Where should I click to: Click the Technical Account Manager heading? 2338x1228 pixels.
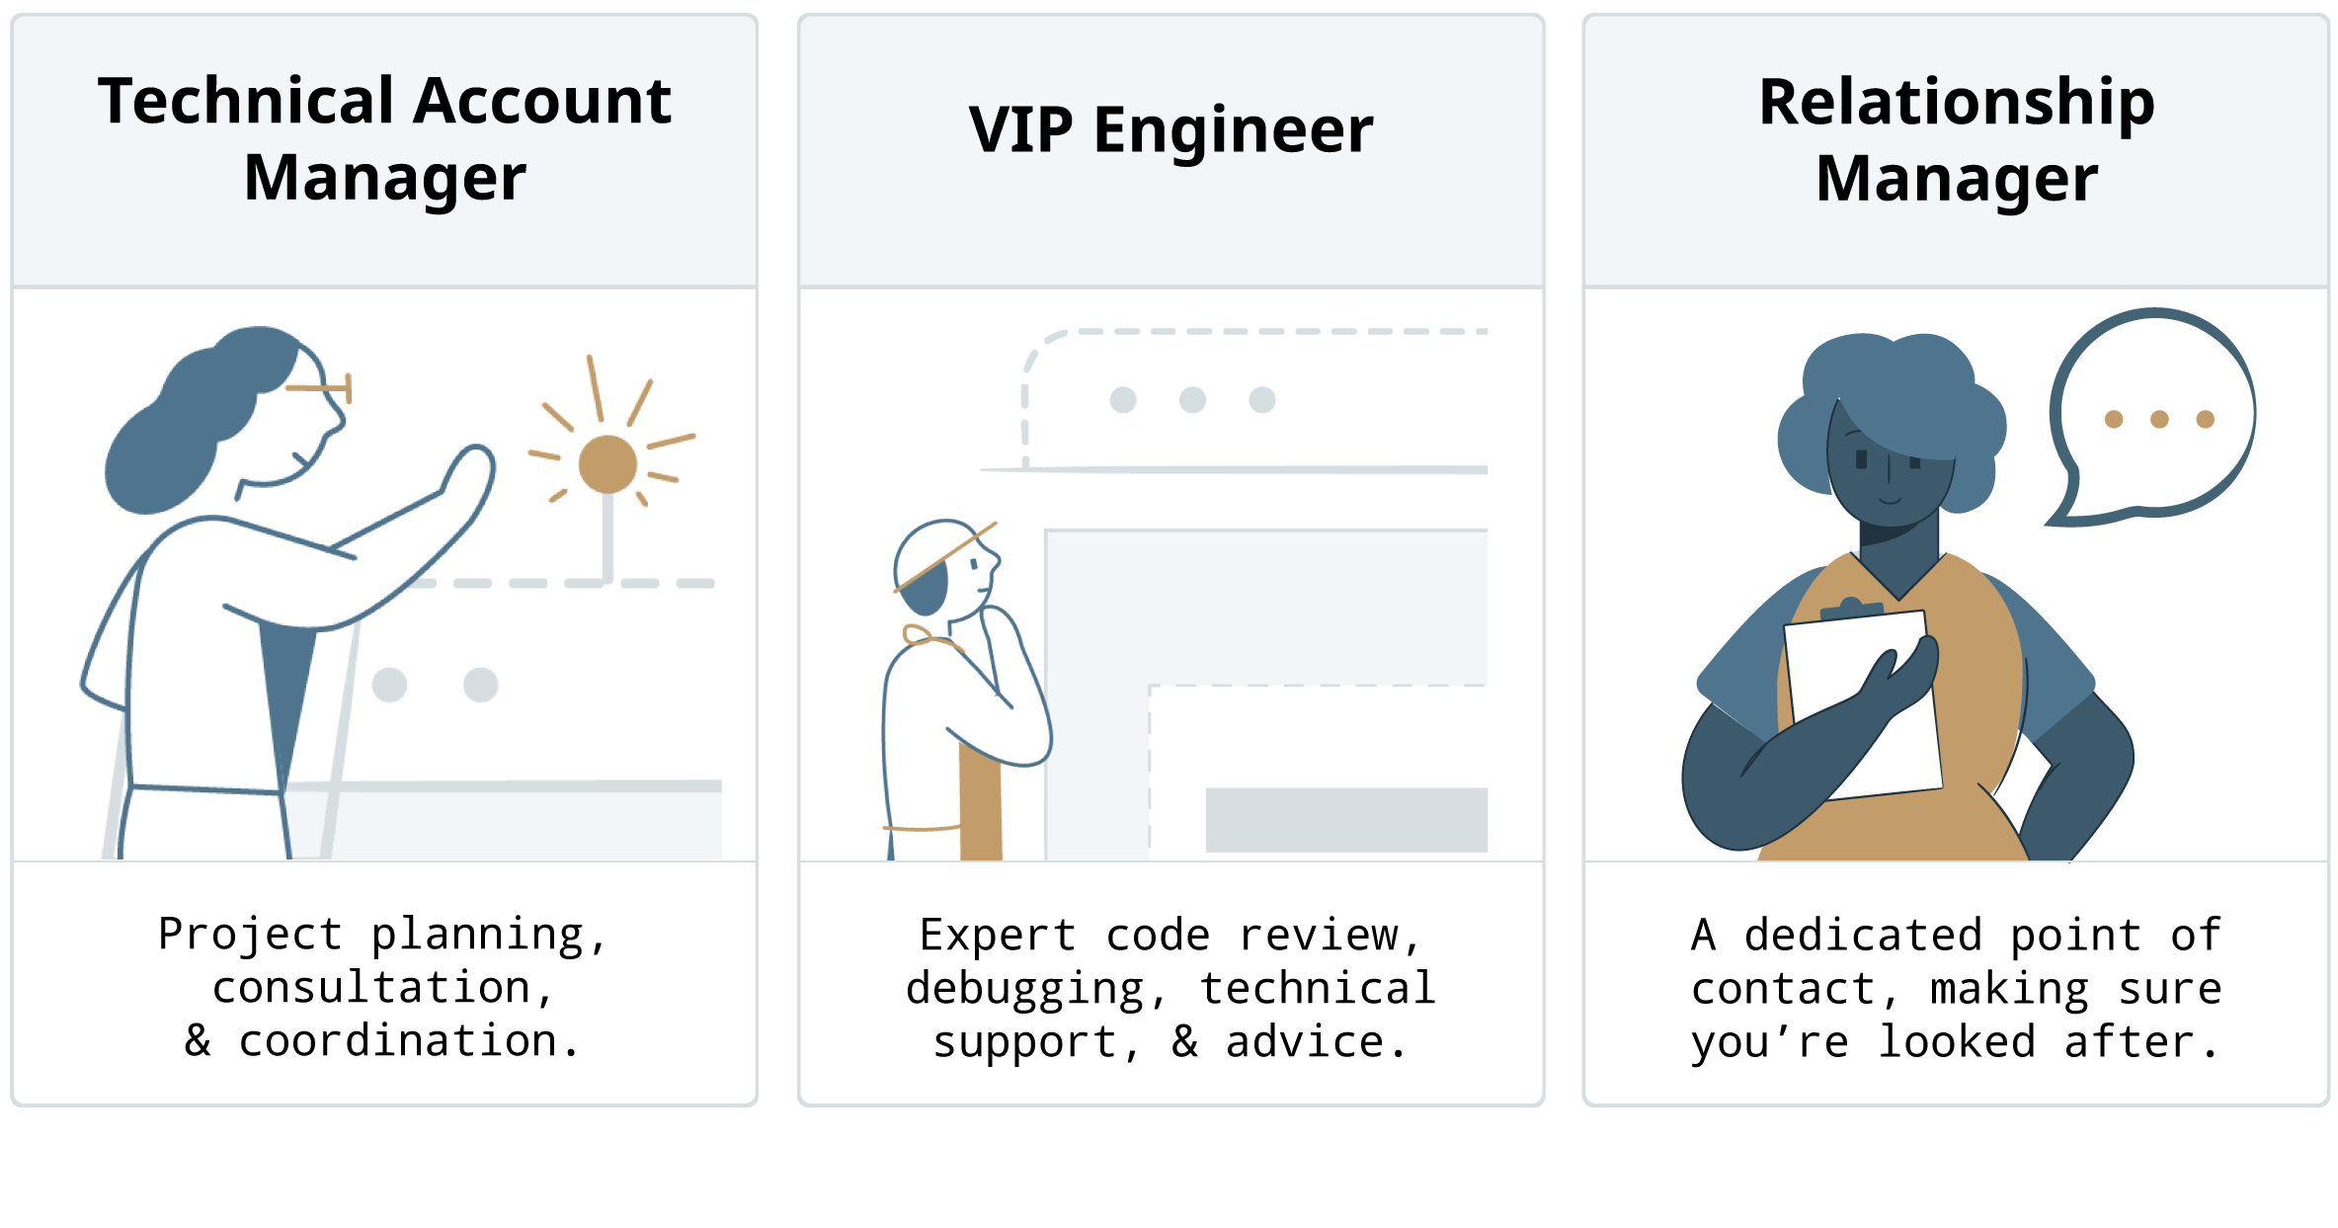[x=384, y=139]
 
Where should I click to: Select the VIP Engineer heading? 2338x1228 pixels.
[x=1170, y=129]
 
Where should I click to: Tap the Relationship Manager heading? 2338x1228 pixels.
[x=1956, y=139]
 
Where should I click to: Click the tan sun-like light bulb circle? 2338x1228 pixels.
[x=607, y=463]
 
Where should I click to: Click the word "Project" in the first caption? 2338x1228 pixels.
[x=250, y=934]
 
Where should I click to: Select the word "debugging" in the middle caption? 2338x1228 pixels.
[x=1025, y=989]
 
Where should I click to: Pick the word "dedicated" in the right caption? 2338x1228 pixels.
[x=1863, y=936]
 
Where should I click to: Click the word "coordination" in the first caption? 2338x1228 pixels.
[x=398, y=1041]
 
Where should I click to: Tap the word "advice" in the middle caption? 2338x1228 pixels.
[x=1305, y=1042]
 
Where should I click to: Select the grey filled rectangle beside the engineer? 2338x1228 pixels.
[x=1346, y=819]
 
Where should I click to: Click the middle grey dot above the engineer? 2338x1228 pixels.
[x=1192, y=400]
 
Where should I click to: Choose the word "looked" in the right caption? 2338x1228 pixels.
[x=1956, y=1042]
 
